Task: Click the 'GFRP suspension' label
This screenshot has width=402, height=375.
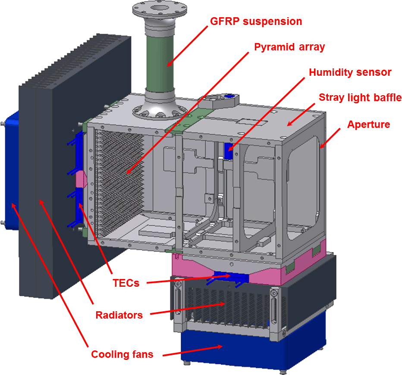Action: pyautogui.click(x=256, y=21)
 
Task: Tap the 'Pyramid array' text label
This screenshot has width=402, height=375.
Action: pyautogui.click(x=289, y=47)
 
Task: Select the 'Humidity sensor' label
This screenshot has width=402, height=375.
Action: pyautogui.click(x=350, y=72)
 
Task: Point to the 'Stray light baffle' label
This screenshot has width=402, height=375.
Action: pyautogui.click(x=360, y=98)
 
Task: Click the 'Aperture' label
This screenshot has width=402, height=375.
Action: pyautogui.click(x=368, y=124)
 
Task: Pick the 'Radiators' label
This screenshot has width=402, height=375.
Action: pyautogui.click(x=119, y=315)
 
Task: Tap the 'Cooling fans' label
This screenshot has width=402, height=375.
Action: pyautogui.click(x=122, y=354)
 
